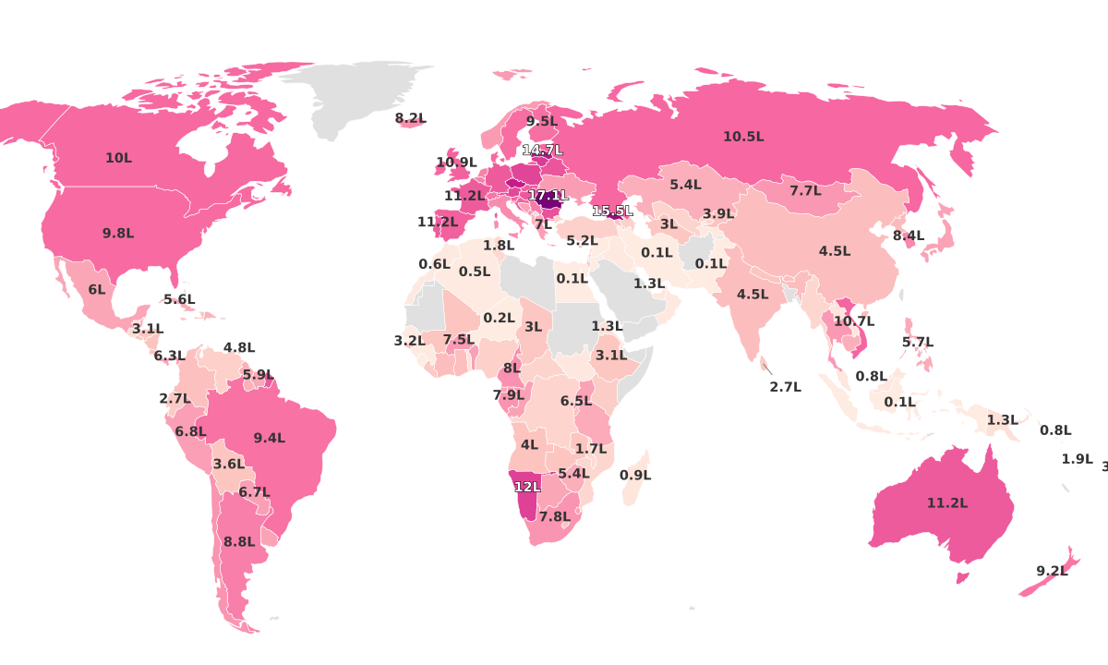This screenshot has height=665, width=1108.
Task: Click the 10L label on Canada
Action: tap(118, 158)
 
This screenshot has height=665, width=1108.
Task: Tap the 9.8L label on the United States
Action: tap(118, 234)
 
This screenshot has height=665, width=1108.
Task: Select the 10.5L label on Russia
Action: tap(743, 137)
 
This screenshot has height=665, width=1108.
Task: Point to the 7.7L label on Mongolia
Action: tap(805, 191)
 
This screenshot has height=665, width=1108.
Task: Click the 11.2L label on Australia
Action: tap(947, 503)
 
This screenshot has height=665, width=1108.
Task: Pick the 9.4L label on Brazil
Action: tap(270, 438)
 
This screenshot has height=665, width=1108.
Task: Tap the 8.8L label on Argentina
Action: tap(239, 542)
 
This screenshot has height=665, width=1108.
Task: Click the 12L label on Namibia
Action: tap(527, 487)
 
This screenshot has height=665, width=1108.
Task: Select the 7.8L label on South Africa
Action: tap(554, 516)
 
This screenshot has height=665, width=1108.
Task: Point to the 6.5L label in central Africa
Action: tap(576, 401)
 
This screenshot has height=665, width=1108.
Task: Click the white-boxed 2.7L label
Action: tap(785, 387)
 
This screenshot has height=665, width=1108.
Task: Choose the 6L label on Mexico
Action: tap(97, 289)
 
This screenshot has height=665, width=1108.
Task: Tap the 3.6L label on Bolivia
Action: tap(229, 464)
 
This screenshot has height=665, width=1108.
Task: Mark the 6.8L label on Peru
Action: tap(190, 431)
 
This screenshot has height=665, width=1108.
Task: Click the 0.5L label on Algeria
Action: tap(475, 272)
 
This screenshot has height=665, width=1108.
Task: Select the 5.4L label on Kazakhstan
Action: tap(685, 185)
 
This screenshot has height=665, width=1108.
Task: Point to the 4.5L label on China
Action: tap(835, 251)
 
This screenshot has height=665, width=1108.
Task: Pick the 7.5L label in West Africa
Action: tap(458, 340)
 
